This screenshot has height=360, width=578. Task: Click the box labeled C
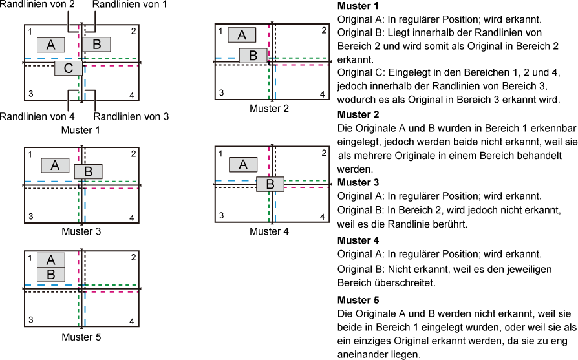pyautogui.click(x=69, y=69)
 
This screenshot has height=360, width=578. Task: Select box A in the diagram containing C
pyautogui.click(x=50, y=45)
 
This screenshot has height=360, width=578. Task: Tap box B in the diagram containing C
pyautogui.click(x=96, y=45)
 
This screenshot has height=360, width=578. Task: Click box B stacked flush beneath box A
pyautogui.click(x=50, y=275)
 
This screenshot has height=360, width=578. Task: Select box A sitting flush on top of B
pyautogui.click(x=50, y=260)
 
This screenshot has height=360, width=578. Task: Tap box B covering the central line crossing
pyautogui.click(x=270, y=184)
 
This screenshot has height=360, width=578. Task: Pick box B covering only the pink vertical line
pyautogui.click(x=88, y=171)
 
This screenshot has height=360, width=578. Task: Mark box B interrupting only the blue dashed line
pyautogui.click(x=253, y=56)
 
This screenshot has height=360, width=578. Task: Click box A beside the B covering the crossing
pyautogui.click(x=243, y=165)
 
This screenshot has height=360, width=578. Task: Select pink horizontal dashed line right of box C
pyautogui.click(x=113, y=66)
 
